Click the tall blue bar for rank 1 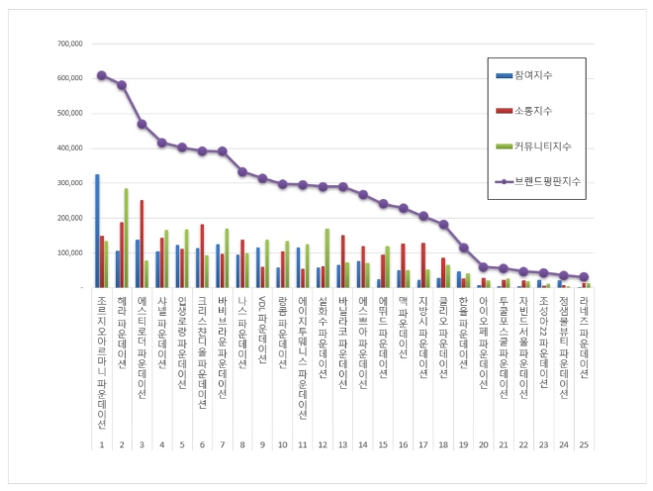[x=96, y=231]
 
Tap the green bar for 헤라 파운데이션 [x=127, y=238]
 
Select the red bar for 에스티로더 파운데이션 [x=141, y=244]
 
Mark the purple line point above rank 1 [x=102, y=75]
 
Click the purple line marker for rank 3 [x=141, y=124]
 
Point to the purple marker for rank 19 [x=463, y=247]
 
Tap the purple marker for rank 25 [x=584, y=277]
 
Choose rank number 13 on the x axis [x=342, y=445]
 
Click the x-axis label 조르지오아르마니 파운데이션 [x=102, y=361]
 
